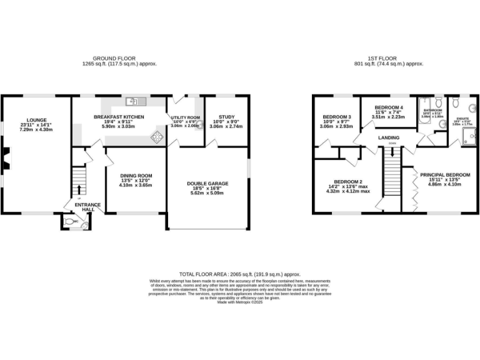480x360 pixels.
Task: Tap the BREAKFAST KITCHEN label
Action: pos(119,117)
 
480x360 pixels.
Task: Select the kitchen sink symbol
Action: pos(134,101)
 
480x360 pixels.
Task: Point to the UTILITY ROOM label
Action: pos(185,117)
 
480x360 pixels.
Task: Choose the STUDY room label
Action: pos(224,117)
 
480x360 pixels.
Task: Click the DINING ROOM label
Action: pos(136,176)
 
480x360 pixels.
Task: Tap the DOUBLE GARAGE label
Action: pos(207,183)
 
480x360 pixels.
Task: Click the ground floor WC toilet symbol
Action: pos(70,222)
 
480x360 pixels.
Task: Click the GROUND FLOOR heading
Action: pos(118,59)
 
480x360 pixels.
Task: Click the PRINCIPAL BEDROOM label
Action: pos(444,175)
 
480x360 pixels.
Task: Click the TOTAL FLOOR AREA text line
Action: pos(240,274)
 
